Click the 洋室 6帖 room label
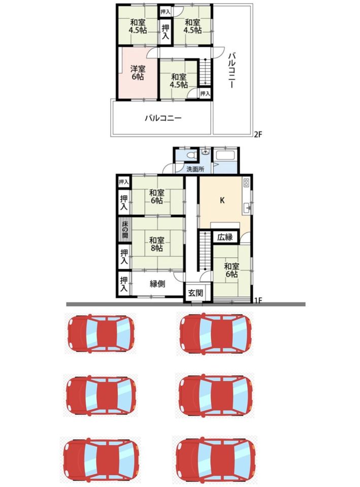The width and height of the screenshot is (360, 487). coord(138,73)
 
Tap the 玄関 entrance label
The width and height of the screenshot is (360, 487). coord(195,293)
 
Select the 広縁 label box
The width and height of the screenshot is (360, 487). coord(225,237)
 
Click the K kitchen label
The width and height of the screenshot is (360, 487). coord(222,201)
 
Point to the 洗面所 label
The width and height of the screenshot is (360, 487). coord(195,169)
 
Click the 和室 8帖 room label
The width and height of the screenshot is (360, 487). coord(156,244)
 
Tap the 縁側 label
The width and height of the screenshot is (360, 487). coord(157,284)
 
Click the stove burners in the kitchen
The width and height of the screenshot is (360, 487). coord(247,182)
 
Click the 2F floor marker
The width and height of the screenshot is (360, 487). coord(258,134)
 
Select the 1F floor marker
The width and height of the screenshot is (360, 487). coord(258,300)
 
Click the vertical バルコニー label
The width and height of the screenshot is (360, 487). coord(232,70)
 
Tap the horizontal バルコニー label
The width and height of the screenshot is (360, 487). coord(163,118)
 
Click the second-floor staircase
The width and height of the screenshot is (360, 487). coord(205,71)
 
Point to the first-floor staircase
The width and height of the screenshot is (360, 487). coord(205,250)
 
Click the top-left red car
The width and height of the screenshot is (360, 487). coord(101,333)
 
